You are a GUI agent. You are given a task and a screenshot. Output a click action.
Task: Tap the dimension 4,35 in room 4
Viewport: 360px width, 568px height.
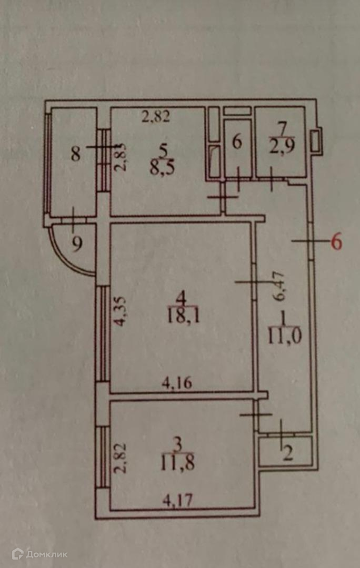pyautogui.click(x=121, y=313)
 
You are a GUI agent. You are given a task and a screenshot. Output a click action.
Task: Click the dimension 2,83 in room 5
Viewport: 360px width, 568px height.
pyautogui.click(x=121, y=158)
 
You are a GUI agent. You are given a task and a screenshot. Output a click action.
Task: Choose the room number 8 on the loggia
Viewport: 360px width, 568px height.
pyautogui.click(x=76, y=154)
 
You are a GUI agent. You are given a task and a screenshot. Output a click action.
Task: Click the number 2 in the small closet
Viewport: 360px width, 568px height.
pyautogui.click(x=287, y=453)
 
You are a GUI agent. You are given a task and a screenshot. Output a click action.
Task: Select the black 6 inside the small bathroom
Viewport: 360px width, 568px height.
pyautogui.click(x=237, y=143)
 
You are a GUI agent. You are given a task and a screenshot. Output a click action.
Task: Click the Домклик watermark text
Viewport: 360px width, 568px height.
pyautogui.click(x=47, y=554)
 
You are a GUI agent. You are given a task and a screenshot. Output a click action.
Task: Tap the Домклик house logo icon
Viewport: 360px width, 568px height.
pyautogui.click(x=18, y=553)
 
